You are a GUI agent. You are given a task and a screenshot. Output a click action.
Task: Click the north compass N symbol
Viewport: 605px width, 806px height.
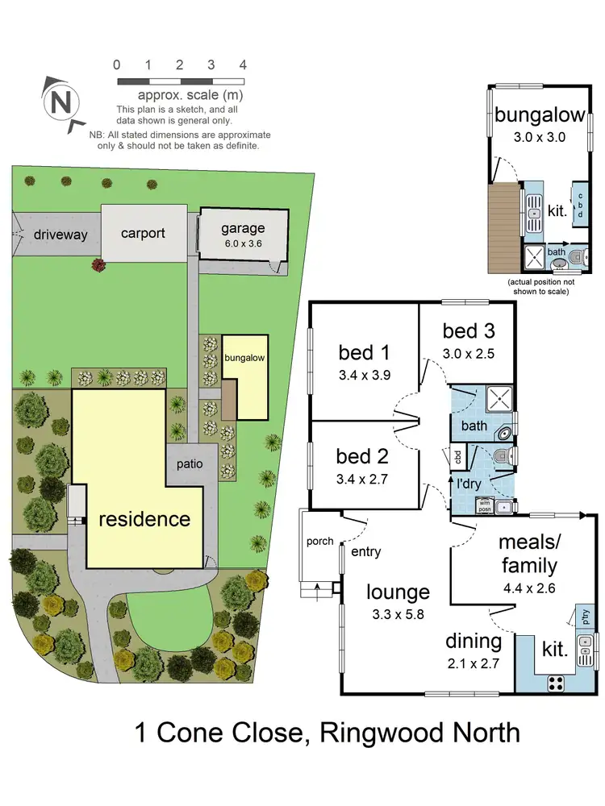pos(59,102)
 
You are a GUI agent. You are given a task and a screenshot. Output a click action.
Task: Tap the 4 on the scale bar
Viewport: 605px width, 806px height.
pos(242,64)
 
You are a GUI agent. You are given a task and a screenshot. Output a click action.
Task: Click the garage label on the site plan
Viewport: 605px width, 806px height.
pos(243,228)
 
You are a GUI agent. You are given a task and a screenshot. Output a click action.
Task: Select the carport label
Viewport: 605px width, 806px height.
pos(143,233)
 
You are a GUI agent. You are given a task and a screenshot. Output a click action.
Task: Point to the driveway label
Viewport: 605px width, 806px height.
pos(60,235)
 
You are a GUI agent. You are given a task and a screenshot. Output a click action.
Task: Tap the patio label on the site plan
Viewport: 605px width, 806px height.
pos(191,465)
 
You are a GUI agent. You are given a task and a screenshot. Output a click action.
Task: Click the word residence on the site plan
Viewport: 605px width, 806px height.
pos(144,518)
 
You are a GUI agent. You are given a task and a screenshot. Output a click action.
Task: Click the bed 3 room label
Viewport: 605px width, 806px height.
pos(468,330)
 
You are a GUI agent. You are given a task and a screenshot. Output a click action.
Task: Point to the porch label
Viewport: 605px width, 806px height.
pos(319,541)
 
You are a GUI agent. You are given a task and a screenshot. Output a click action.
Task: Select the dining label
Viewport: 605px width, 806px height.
pos(474,642)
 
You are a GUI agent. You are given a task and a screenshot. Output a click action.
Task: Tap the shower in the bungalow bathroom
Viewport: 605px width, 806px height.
pos(534,257)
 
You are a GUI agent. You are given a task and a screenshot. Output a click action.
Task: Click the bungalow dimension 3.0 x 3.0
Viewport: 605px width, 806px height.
pos(540,137)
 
